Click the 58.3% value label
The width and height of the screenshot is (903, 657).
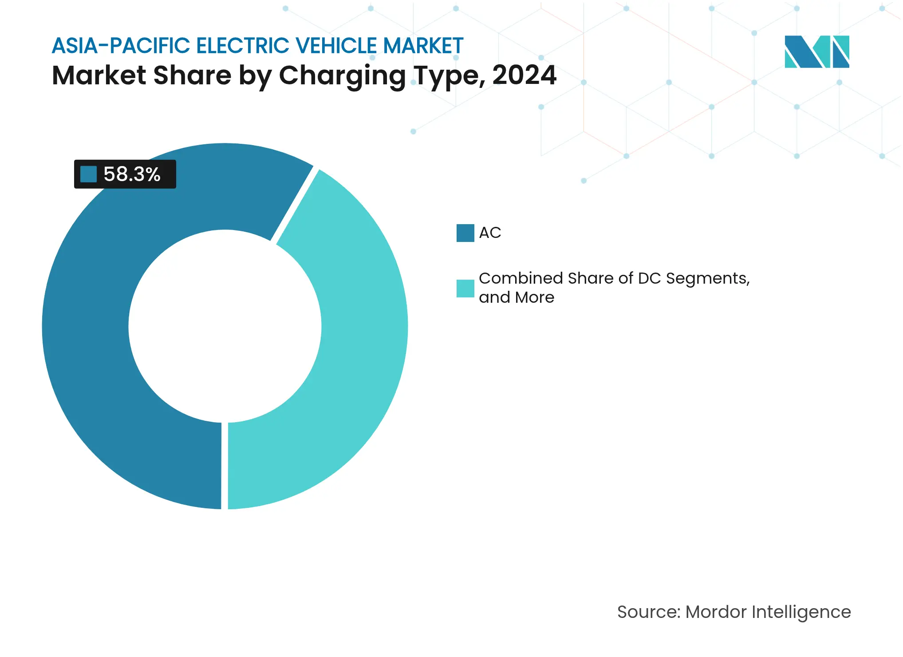coord(132,174)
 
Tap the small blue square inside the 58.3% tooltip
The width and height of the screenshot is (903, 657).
coord(88,174)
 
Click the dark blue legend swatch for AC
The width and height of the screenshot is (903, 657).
coord(465,233)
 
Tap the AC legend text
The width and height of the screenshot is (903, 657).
coord(490,233)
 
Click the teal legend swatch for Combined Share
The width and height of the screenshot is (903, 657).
coord(465,289)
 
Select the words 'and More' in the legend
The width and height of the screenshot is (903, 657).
coord(517,298)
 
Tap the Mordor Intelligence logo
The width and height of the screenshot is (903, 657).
coord(816,52)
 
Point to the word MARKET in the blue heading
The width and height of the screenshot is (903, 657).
coord(423,46)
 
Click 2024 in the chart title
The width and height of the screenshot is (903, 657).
coord(524,75)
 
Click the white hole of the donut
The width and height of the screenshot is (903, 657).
coord(225,326)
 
